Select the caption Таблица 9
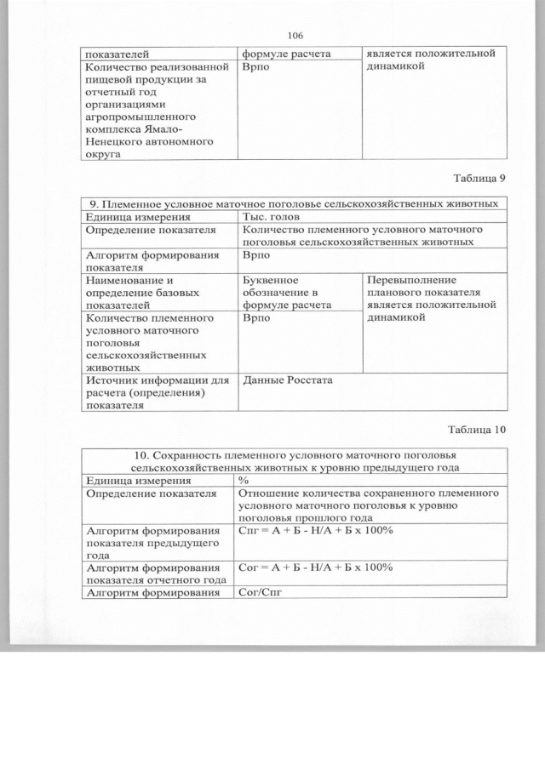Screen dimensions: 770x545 [478, 179]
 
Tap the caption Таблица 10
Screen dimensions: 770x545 [475, 429]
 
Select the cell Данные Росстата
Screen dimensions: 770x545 [287, 379]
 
